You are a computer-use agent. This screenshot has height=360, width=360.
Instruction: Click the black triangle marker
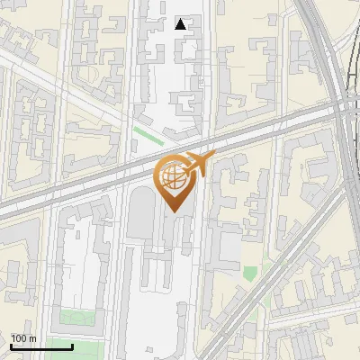point(181,24)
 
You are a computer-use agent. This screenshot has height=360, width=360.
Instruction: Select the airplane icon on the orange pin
point(194,164)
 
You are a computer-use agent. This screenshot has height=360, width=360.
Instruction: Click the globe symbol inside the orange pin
point(171,178)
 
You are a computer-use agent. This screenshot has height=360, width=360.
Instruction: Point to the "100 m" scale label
point(23,338)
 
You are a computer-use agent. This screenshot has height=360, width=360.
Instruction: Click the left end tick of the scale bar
point(11,346)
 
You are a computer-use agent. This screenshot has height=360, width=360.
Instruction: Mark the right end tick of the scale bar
point(72,346)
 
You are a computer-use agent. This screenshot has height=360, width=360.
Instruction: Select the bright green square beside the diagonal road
point(250,272)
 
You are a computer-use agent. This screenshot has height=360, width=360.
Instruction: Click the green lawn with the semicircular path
point(76,318)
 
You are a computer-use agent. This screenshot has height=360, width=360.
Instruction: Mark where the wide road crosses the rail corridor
point(340,105)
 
